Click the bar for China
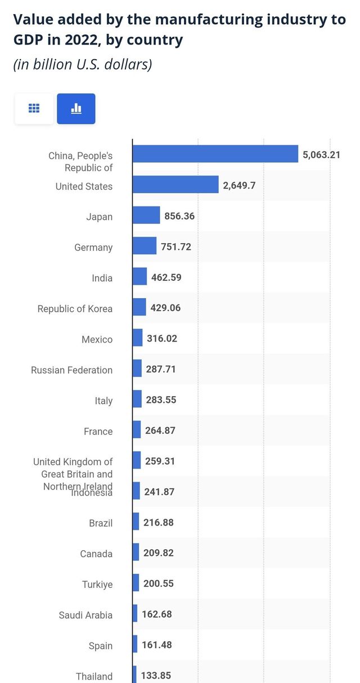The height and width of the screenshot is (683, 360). point(215,154)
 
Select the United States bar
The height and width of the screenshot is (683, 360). point(175,185)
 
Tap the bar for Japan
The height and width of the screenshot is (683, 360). point(146,215)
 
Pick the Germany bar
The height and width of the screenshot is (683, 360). point(145,246)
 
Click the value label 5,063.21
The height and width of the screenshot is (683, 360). point(321,154)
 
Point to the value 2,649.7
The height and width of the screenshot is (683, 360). point(239,185)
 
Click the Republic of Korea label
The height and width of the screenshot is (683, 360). point(75,309)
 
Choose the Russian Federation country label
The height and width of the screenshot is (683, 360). point(71,370)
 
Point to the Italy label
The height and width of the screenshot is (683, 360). point(103,401)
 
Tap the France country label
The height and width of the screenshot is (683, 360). point(98,432)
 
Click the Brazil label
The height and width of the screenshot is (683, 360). point(101,523)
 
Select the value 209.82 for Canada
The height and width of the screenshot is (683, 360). point(158,553)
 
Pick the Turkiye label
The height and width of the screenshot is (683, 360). point(97,585)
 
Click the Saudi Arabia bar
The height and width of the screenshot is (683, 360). point(135,613)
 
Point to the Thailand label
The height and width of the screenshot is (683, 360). point(94,676)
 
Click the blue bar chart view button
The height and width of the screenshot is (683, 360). point(76,109)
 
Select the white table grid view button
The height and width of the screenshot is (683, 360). point(34,109)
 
